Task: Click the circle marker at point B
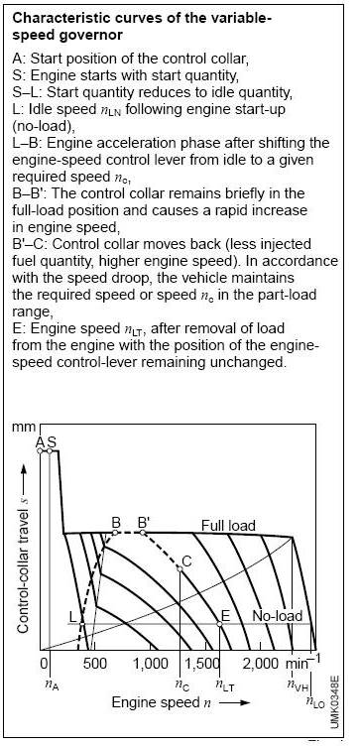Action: (x=115, y=532)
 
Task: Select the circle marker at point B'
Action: (x=143, y=532)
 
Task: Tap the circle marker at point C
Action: (x=180, y=568)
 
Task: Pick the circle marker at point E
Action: (x=220, y=624)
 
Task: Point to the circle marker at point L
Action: (x=82, y=624)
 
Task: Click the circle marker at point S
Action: (x=50, y=449)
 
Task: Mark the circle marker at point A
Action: (x=40, y=449)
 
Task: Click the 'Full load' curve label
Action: (x=228, y=526)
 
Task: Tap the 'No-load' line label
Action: (x=271, y=615)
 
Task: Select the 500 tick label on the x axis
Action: (x=96, y=663)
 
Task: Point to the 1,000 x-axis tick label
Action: (x=152, y=663)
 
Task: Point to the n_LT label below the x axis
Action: (x=226, y=685)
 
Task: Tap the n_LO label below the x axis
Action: (x=315, y=700)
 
